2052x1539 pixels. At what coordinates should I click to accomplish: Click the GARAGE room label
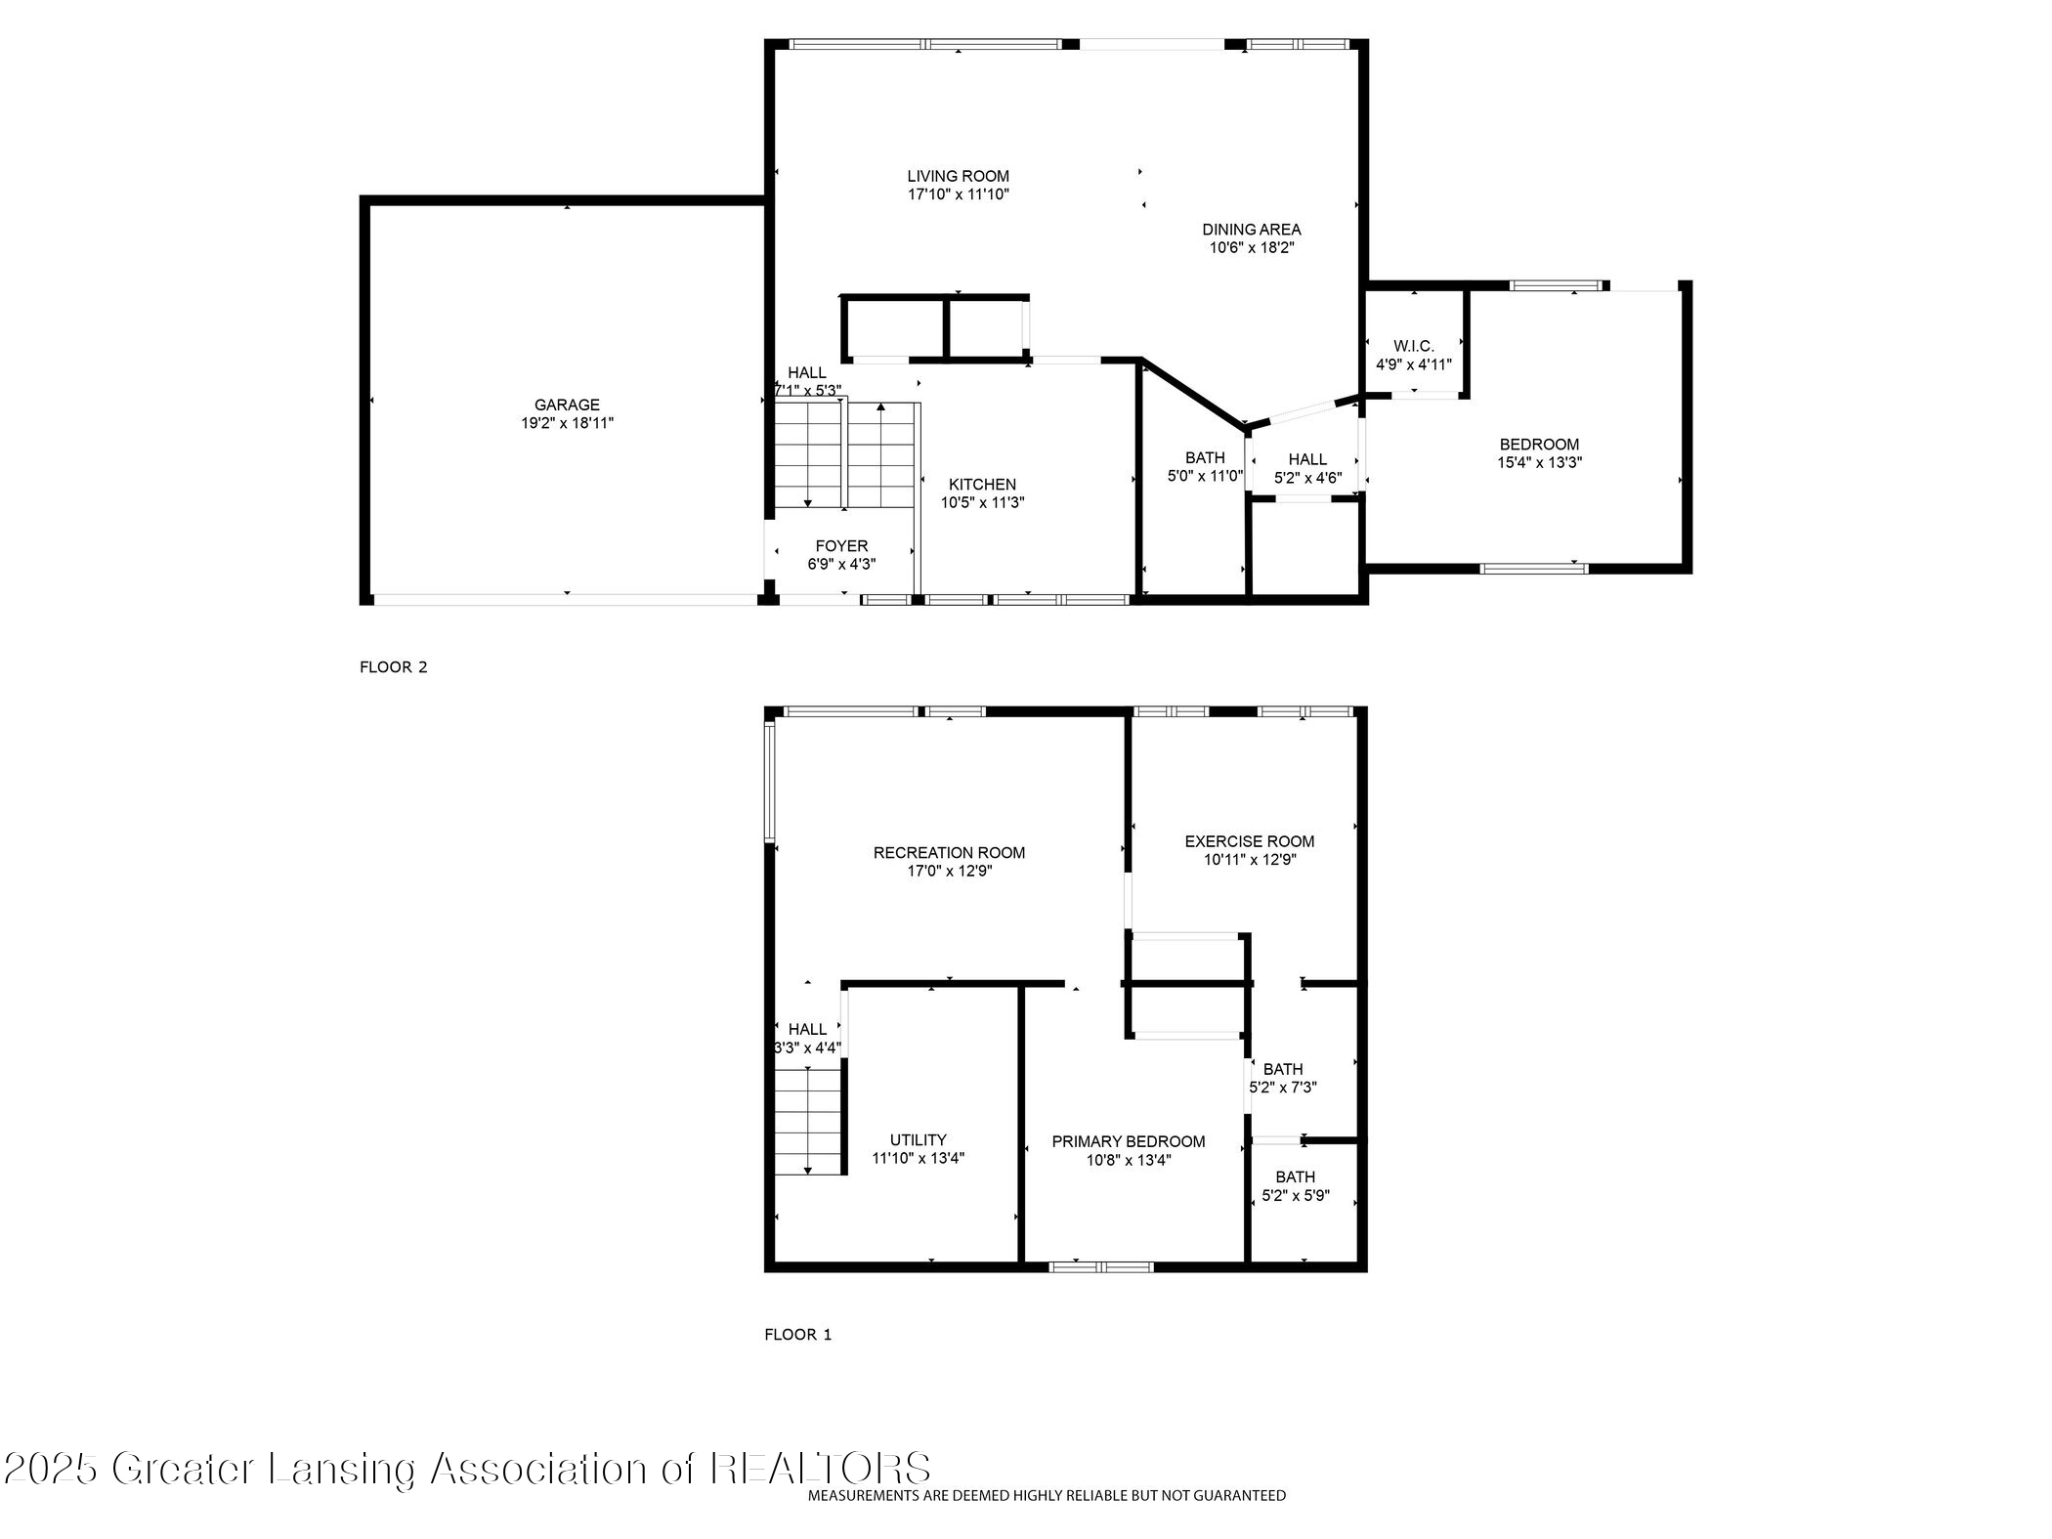[567, 405]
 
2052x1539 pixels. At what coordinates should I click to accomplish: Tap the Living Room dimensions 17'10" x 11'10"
[958, 194]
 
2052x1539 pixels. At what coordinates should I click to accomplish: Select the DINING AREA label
[1251, 230]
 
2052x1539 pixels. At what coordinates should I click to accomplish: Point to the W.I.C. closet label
[1413, 346]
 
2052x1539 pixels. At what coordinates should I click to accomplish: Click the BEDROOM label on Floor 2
[1539, 445]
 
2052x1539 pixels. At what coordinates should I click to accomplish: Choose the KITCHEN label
[982, 485]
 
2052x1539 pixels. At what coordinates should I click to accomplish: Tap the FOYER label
[841, 546]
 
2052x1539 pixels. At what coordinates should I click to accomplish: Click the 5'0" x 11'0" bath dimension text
[1205, 476]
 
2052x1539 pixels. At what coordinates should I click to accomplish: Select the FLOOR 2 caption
[394, 667]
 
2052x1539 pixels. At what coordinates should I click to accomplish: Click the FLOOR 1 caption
[797, 1335]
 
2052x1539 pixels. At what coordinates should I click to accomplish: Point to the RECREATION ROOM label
[949, 853]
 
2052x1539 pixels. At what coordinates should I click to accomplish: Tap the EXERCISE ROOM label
[1249, 841]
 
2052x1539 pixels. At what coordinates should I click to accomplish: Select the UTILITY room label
[918, 1139]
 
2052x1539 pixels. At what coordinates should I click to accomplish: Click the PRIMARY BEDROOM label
[1128, 1141]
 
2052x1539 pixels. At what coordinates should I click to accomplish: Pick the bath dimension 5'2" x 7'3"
[1283, 1087]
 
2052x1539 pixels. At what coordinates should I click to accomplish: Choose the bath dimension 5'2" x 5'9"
[1295, 1195]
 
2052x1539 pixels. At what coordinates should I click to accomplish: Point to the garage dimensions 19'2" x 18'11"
[567, 423]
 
